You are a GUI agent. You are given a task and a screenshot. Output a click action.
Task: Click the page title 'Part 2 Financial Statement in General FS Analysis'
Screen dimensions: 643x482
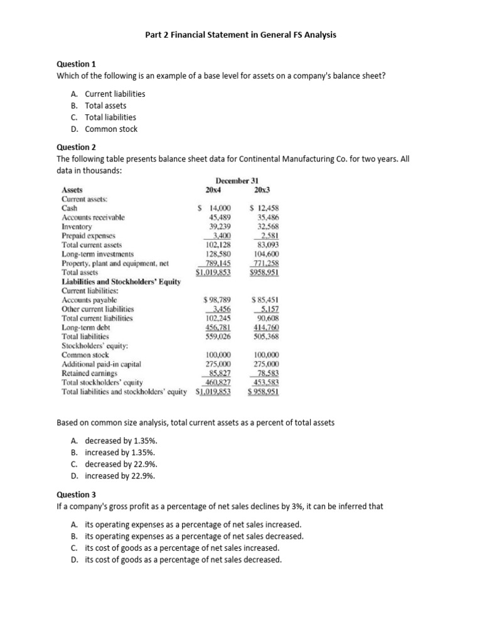[241, 35]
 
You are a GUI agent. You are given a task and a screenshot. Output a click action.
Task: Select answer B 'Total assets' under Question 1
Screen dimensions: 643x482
[105, 105]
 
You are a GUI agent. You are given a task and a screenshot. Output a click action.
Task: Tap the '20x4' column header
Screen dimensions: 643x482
[214, 190]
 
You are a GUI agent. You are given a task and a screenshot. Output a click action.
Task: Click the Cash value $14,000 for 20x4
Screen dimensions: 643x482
[215, 208]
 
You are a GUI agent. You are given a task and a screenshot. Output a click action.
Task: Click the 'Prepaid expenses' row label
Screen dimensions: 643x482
[88, 235]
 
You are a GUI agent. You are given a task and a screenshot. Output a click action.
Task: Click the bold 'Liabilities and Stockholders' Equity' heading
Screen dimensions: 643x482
[121, 281]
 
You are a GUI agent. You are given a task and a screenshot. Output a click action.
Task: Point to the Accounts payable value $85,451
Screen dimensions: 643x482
[265, 300]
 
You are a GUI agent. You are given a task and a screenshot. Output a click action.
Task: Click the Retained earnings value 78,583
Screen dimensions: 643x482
[265, 372]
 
